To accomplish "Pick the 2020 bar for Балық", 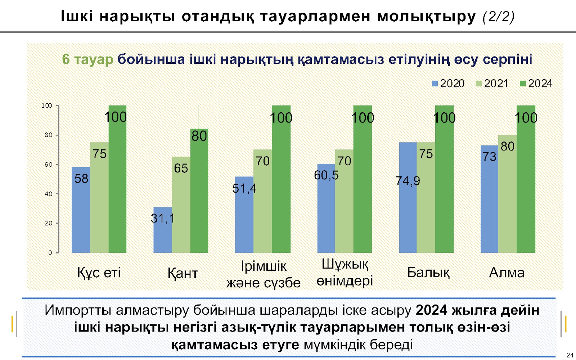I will click(408, 216).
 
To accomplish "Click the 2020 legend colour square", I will click(435, 84).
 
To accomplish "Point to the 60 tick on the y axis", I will click(49, 165).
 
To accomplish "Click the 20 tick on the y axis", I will click(49, 223).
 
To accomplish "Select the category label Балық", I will click(428, 273).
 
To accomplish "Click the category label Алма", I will click(507, 273).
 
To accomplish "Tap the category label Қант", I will click(183, 273).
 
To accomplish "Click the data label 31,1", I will click(162, 218).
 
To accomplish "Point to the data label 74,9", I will click(408, 181).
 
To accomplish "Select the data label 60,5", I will click(326, 175).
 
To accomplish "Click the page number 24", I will click(570, 355).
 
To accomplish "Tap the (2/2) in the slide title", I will click(499, 17).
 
